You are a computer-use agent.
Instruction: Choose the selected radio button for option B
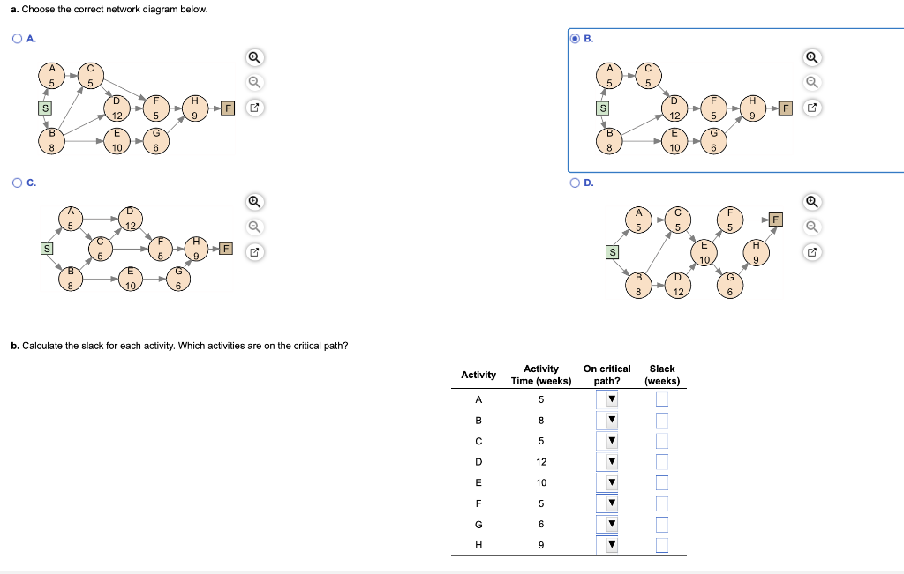click(x=576, y=39)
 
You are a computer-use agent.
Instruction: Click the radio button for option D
click(x=576, y=183)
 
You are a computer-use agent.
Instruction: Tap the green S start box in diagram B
click(x=603, y=108)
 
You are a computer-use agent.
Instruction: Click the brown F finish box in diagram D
click(x=776, y=219)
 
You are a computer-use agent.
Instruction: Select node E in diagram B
click(x=674, y=143)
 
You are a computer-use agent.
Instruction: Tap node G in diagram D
click(x=730, y=287)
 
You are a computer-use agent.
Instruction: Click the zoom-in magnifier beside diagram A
click(x=254, y=58)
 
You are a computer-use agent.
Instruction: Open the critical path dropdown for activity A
click(x=610, y=399)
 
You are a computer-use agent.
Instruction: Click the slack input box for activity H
click(x=662, y=545)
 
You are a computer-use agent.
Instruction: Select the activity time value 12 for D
click(x=541, y=462)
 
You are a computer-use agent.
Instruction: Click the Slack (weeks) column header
click(x=661, y=375)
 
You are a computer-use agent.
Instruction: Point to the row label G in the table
click(x=478, y=524)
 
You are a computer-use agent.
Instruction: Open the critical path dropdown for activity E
click(x=610, y=482)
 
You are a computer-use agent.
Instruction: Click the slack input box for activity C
click(x=662, y=441)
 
